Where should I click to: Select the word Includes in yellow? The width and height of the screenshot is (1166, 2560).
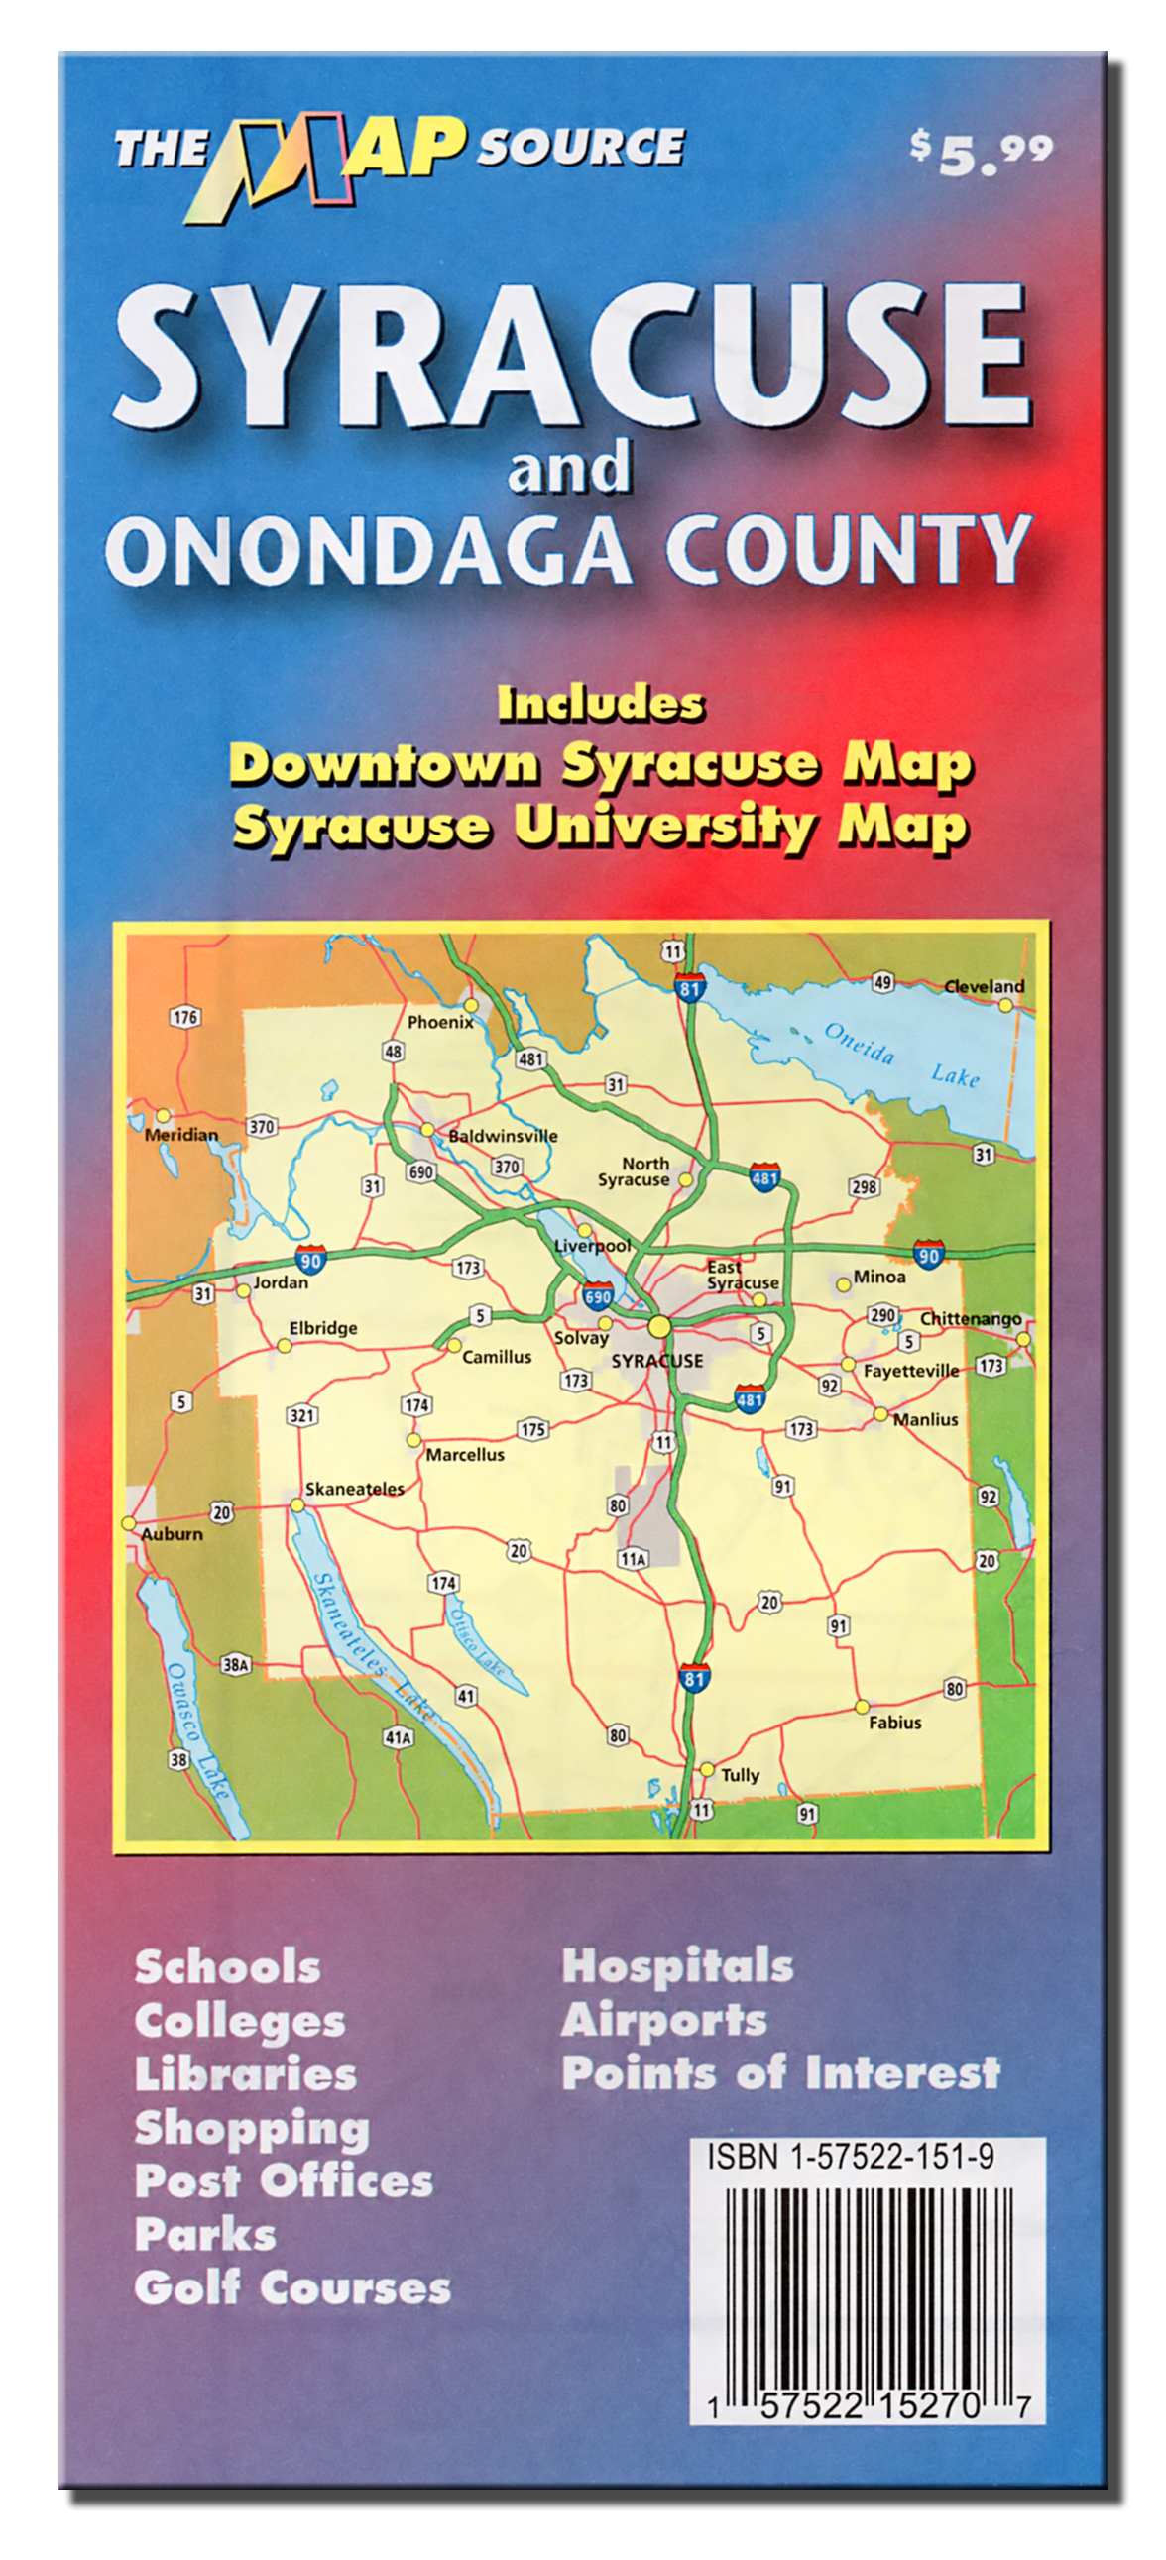[x=601, y=704]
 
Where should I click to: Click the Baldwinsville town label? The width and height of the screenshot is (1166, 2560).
[x=502, y=1135]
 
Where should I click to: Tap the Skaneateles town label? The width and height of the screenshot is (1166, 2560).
[x=354, y=1488]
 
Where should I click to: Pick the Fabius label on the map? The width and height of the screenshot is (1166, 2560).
[x=893, y=1723]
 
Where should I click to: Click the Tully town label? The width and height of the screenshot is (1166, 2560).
[x=740, y=1775]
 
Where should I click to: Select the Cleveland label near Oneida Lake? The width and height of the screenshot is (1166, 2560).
[x=984, y=986]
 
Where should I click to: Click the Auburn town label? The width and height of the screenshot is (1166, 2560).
[x=171, y=1533]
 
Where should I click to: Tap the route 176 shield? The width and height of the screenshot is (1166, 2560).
[x=184, y=1017]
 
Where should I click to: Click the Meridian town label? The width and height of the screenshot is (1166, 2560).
[x=180, y=1134]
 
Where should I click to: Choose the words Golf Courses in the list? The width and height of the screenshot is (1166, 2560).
[x=292, y=2286]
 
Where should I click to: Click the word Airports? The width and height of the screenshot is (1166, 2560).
[x=663, y=2020]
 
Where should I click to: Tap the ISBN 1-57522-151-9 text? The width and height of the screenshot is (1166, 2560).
[x=849, y=2156]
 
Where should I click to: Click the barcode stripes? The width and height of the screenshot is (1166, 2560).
[x=867, y=2284]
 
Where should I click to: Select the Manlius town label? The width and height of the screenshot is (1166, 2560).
[x=924, y=1419]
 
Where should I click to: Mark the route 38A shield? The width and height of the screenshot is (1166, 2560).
[x=236, y=1665]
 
